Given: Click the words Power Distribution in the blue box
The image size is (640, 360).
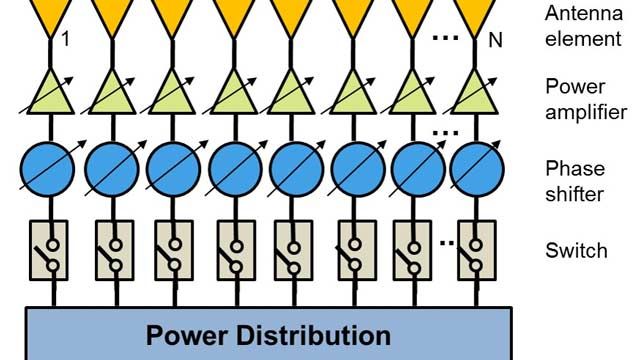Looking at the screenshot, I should point(268,334).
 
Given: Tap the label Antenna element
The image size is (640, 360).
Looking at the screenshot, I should point(583,26).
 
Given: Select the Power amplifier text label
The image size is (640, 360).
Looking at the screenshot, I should point(586,99).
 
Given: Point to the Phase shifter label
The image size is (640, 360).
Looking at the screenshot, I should point(575,180).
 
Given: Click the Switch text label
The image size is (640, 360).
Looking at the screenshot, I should point(575,250).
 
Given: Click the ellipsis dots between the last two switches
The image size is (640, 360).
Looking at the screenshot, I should point(447,242).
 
